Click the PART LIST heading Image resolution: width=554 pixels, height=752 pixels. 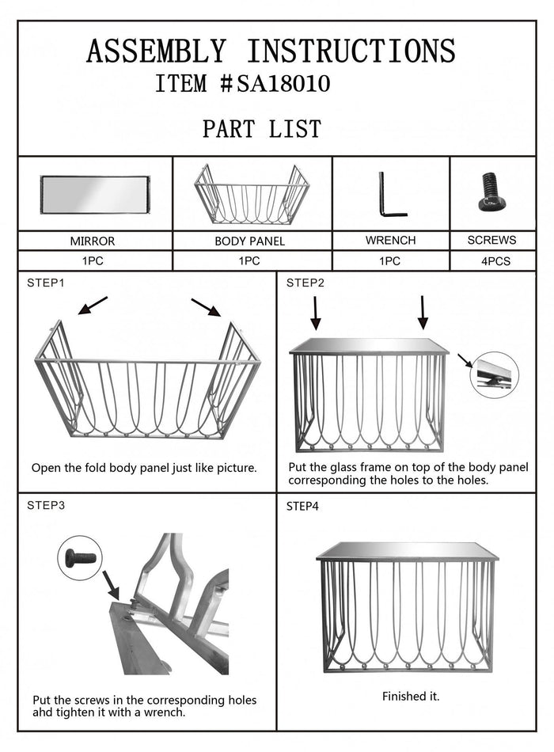[261, 128]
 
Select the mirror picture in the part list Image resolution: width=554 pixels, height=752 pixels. [95, 195]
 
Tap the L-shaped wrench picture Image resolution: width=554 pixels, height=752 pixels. [389, 195]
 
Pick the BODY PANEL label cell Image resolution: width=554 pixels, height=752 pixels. [250, 241]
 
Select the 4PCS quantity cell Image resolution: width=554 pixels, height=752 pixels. [491, 260]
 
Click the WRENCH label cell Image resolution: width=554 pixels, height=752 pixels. [390, 240]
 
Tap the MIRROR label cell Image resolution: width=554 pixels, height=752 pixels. [93, 241]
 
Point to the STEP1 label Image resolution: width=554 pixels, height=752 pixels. [45, 283]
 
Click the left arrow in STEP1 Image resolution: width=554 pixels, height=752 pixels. [92, 305]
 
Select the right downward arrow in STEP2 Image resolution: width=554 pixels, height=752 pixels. [423, 312]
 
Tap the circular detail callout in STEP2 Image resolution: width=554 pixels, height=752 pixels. [495, 374]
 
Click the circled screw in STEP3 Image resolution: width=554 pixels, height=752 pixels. [79, 557]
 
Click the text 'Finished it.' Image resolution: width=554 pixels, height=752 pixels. [411, 697]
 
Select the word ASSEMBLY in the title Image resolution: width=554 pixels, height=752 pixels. [155, 51]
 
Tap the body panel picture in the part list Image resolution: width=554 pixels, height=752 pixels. [252, 195]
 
